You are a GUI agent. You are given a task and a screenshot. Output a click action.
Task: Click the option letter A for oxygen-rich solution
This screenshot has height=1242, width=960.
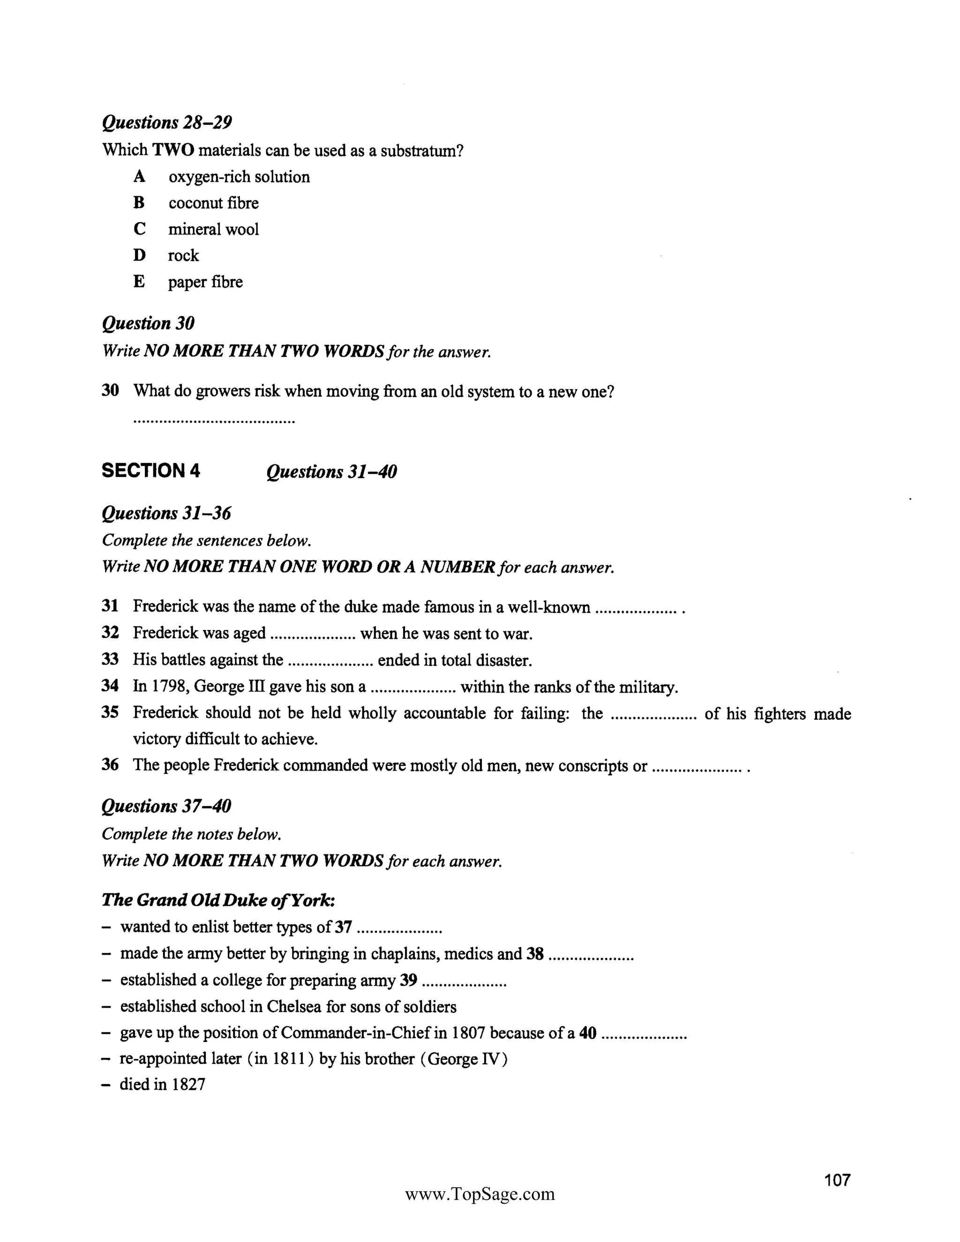139,177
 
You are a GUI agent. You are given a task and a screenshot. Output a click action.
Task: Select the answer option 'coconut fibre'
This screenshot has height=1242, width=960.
213,203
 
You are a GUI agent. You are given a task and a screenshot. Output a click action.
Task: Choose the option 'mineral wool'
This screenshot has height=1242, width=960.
213,229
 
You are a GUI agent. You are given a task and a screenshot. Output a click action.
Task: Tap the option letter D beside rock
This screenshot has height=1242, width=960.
139,255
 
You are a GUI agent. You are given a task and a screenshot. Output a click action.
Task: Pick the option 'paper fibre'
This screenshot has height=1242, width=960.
205,282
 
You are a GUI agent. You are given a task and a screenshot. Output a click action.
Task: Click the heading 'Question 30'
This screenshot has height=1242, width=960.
148,323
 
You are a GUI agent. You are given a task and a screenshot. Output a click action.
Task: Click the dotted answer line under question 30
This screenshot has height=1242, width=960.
214,422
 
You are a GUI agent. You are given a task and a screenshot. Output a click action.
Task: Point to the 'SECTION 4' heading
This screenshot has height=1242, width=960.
151,471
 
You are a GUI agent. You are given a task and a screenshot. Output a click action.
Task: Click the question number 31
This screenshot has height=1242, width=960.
110,606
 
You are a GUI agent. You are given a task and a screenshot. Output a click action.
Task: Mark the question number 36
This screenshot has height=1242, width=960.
110,765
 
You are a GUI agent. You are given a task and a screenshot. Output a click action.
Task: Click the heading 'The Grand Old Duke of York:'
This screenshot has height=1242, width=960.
218,900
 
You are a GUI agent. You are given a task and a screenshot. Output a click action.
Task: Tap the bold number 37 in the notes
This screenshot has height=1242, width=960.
343,927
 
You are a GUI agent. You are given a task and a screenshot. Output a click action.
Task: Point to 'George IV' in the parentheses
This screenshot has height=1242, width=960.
464,1059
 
